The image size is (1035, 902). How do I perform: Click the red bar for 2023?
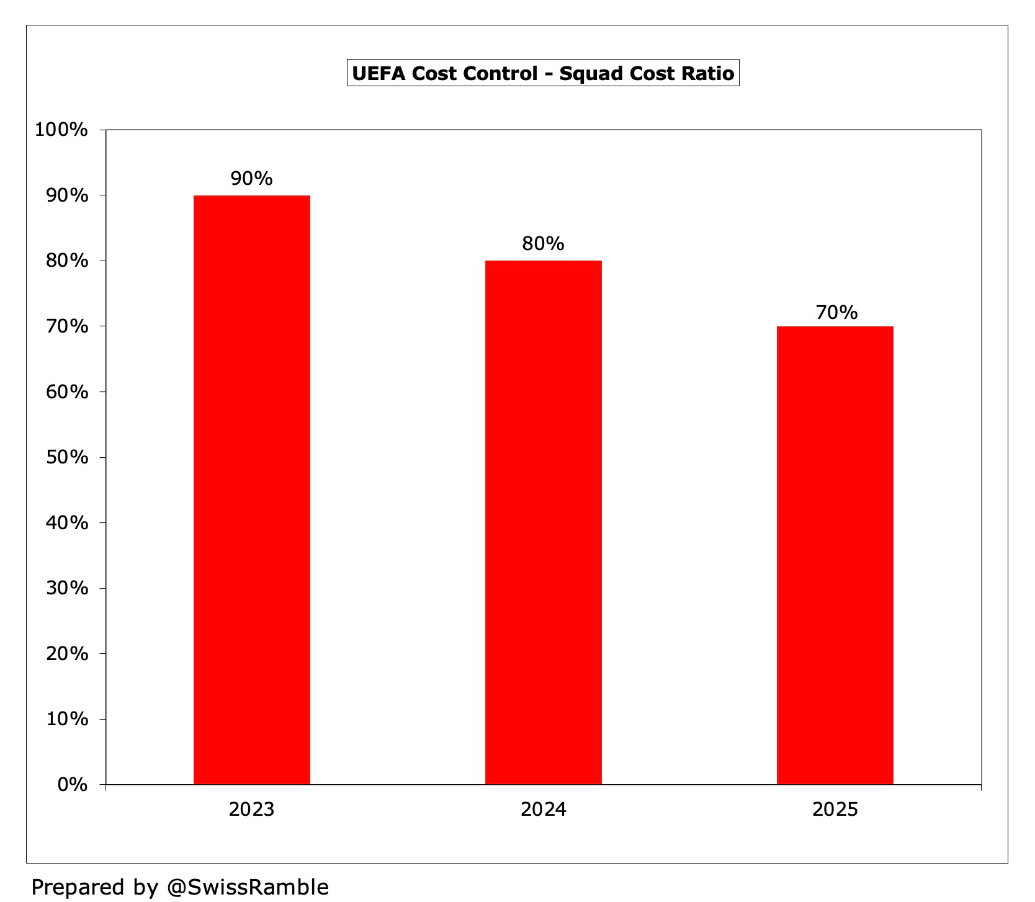(x=251, y=490)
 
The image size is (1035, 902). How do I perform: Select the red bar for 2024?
(x=543, y=522)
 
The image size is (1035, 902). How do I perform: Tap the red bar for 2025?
(x=835, y=555)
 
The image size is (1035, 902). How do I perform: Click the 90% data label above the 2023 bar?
(x=251, y=179)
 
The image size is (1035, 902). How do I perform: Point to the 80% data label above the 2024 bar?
(x=543, y=244)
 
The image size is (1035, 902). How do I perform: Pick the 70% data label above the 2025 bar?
(x=836, y=312)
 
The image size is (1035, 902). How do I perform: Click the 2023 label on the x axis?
(x=251, y=810)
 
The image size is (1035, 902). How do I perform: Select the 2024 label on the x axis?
(x=543, y=810)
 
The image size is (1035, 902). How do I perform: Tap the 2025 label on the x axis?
(x=835, y=810)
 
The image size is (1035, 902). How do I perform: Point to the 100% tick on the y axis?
(x=61, y=130)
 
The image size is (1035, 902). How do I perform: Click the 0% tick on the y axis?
(x=72, y=785)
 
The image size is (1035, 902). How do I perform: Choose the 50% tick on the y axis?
(x=67, y=457)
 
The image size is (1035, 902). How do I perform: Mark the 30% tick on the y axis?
(x=67, y=588)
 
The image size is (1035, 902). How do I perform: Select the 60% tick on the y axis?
(x=67, y=392)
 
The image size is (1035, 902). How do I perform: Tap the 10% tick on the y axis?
(x=67, y=719)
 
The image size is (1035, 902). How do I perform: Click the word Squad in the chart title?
(x=591, y=74)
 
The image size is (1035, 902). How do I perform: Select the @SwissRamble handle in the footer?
(x=248, y=887)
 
